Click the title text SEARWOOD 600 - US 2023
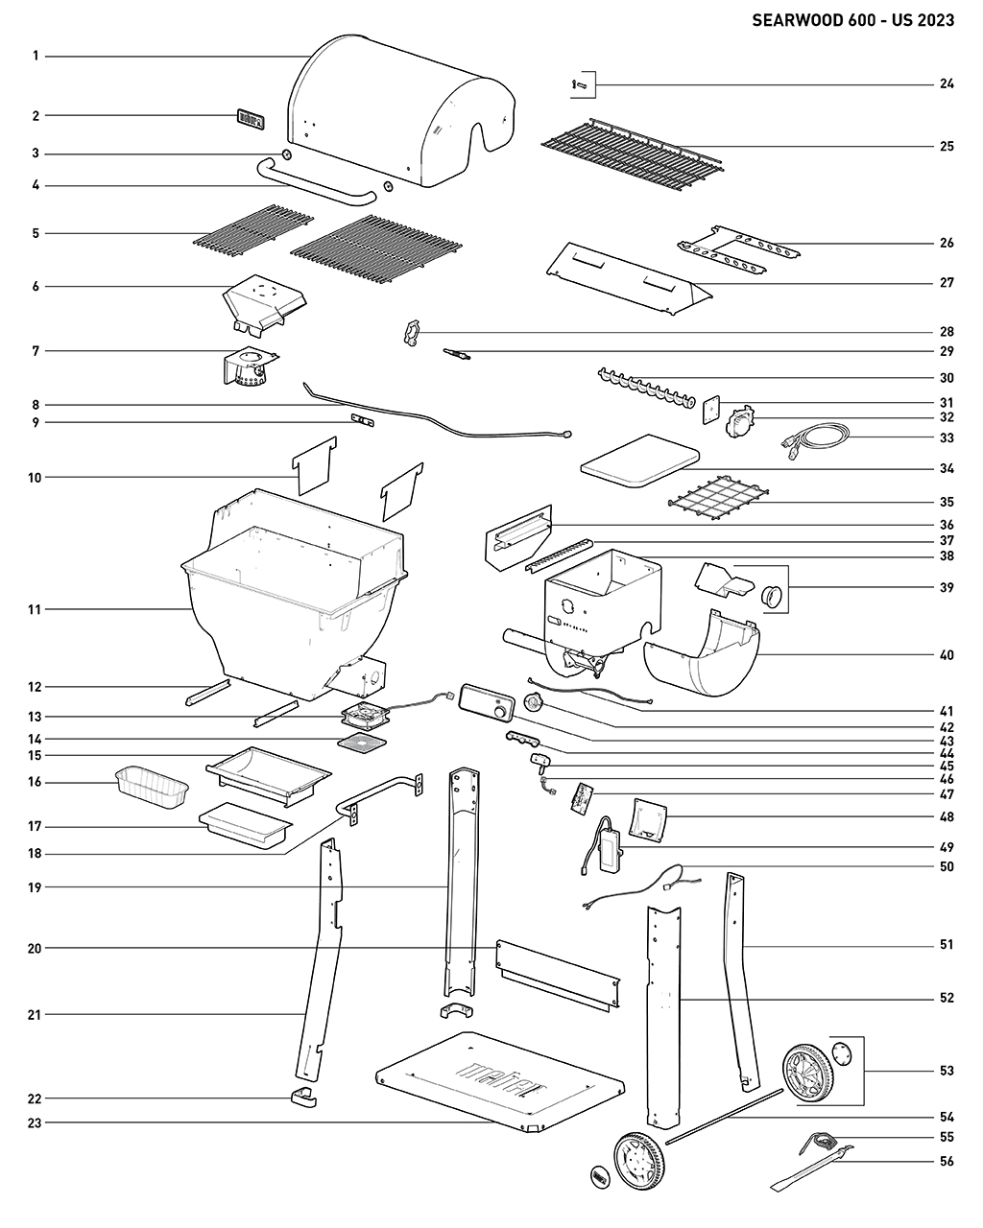coord(852,20)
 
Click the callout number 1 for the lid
coord(36,57)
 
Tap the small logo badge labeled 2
coord(250,119)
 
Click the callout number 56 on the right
coord(947,1161)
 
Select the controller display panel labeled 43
coord(486,700)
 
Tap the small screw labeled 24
coord(577,85)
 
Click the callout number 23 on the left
coord(36,1122)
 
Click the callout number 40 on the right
coord(947,656)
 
